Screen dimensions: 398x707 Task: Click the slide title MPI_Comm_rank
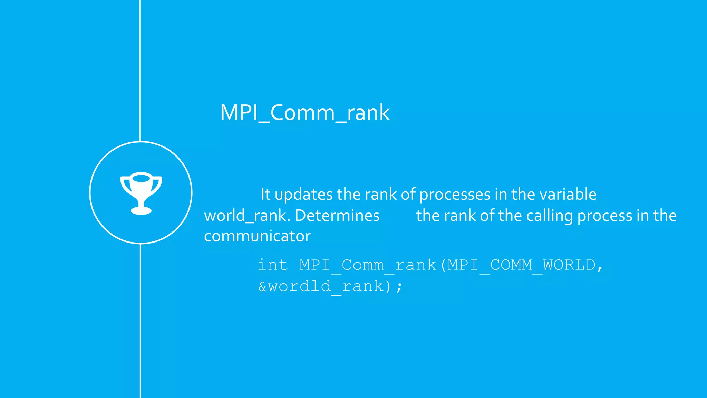[x=304, y=113]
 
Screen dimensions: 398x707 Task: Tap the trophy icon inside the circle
[x=141, y=193]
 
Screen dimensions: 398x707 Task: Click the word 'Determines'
[x=337, y=216]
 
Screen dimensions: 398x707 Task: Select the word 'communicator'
[x=257, y=236]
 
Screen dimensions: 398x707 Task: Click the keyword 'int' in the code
[x=273, y=265]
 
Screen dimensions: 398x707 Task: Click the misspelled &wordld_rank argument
[x=321, y=286]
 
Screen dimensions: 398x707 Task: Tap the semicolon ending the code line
[x=399, y=287]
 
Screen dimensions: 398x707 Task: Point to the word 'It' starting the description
[x=265, y=194]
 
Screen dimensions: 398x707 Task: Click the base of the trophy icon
[x=141, y=210]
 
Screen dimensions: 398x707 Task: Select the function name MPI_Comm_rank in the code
[x=368, y=265]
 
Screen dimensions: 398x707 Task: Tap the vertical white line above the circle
[x=140, y=69]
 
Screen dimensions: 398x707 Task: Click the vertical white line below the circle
[x=140, y=321]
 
